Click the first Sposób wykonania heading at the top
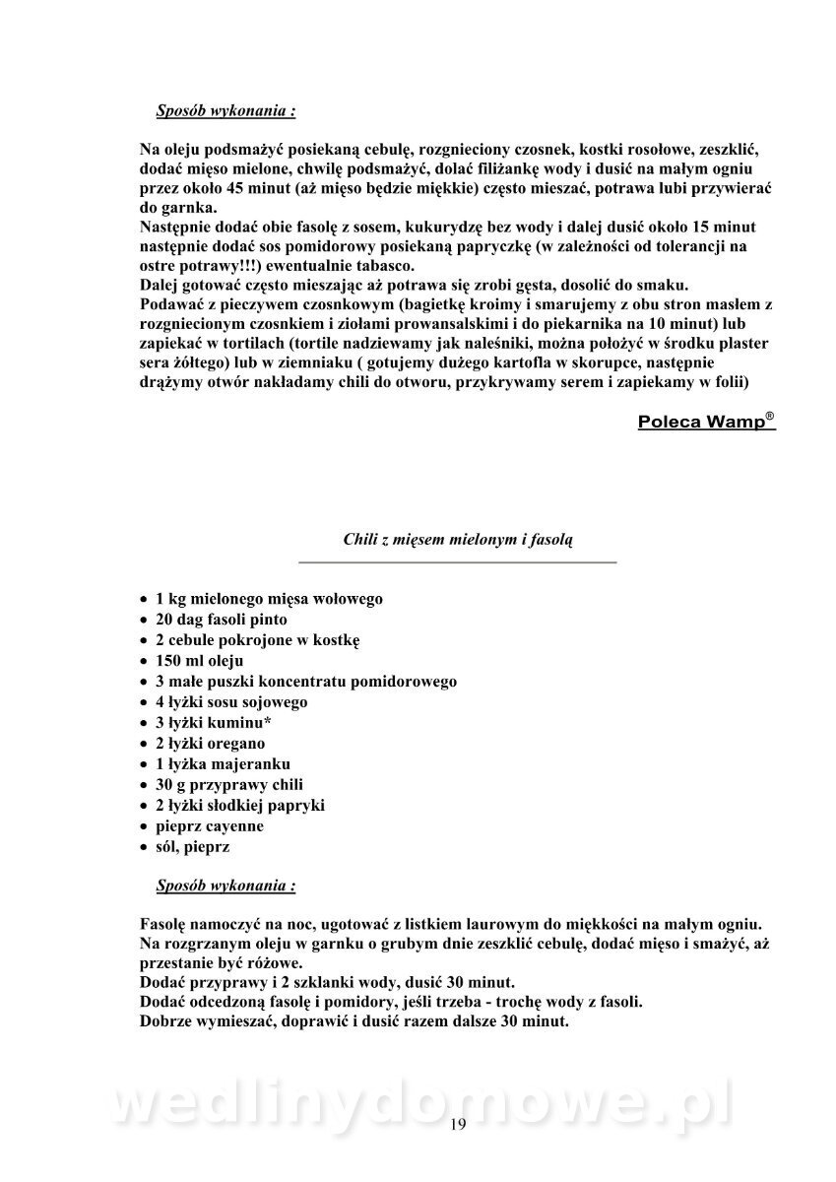tap(225, 110)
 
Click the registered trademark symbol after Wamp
tap(769, 416)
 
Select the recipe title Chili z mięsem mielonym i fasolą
tap(457, 539)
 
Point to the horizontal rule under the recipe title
tap(457, 561)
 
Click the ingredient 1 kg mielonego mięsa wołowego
tap(269, 598)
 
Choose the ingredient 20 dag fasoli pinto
tap(222, 620)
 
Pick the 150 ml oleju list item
tap(199, 660)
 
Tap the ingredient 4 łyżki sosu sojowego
tap(231, 701)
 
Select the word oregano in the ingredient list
tap(234, 743)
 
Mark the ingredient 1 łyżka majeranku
tap(223, 763)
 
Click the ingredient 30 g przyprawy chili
tap(229, 784)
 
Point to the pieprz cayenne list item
tap(210, 825)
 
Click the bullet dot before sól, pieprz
tap(144, 847)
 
